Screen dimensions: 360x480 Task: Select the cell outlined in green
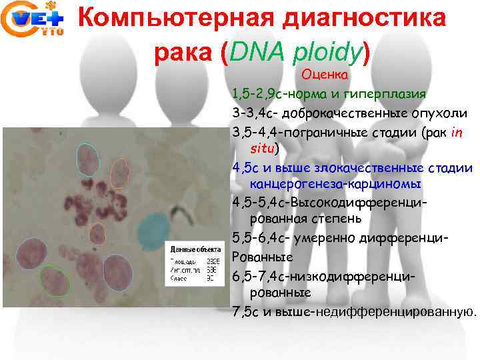coord(55,279)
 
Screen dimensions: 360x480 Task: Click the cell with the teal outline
coord(87,159)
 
